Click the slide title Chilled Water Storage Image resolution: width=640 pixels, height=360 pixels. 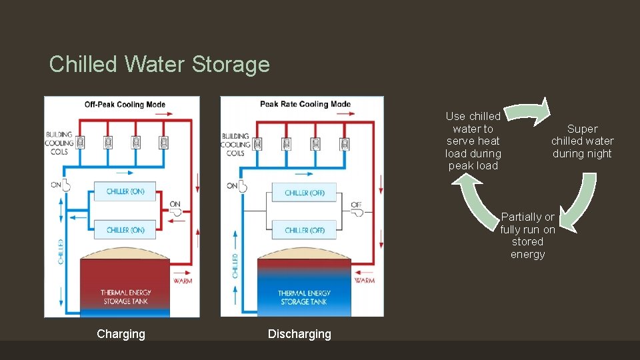pyautogui.click(x=159, y=64)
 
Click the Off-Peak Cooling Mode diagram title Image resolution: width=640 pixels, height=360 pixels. pyautogui.click(x=125, y=105)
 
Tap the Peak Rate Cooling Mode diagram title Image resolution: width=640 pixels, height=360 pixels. pyautogui.click(x=305, y=104)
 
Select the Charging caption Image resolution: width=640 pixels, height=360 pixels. pyautogui.click(x=121, y=334)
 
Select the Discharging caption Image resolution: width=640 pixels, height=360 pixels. pyautogui.click(x=299, y=334)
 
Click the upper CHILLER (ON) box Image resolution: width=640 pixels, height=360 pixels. pyautogui.click(x=125, y=191)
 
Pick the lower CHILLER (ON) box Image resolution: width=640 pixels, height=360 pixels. pyautogui.click(x=125, y=230)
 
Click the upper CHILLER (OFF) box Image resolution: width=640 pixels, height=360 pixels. pyautogui.click(x=304, y=193)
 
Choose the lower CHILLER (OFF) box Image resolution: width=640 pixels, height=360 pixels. pyautogui.click(x=304, y=230)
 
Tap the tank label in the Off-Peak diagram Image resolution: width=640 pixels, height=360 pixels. pyautogui.click(x=125, y=297)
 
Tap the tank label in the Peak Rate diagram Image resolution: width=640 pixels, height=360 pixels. pyautogui.click(x=304, y=297)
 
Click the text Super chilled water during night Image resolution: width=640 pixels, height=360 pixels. pyautogui.click(x=582, y=141)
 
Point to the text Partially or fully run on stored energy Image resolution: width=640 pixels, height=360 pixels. pyautogui.click(x=527, y=235)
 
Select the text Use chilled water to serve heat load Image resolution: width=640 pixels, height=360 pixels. pyautogui.click(x=473, y=141)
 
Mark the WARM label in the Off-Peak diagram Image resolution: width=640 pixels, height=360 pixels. pyautogui.click(x=182, y=281)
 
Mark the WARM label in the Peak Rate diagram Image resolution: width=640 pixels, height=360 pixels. pyautogui.click(x=364, y=281)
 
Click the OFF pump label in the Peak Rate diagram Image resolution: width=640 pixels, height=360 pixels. pyautogui.click(x=357, y=205)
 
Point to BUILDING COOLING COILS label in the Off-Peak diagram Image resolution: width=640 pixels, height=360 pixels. pyautogui.click(x=59, y=143)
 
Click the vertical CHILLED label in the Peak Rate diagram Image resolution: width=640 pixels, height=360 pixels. pyautogui.click(x=235, y=266)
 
